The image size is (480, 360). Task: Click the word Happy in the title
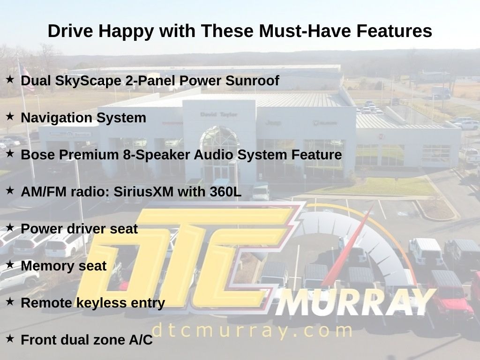126,31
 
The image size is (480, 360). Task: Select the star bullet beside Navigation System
10,116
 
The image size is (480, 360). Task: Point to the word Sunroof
252,81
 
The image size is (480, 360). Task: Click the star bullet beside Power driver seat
10,227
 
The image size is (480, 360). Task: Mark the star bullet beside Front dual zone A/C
10,338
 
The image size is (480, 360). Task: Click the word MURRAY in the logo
355,302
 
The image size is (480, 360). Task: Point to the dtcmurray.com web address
252,331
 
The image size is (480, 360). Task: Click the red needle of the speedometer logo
347,245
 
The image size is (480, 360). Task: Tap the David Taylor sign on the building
218,114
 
